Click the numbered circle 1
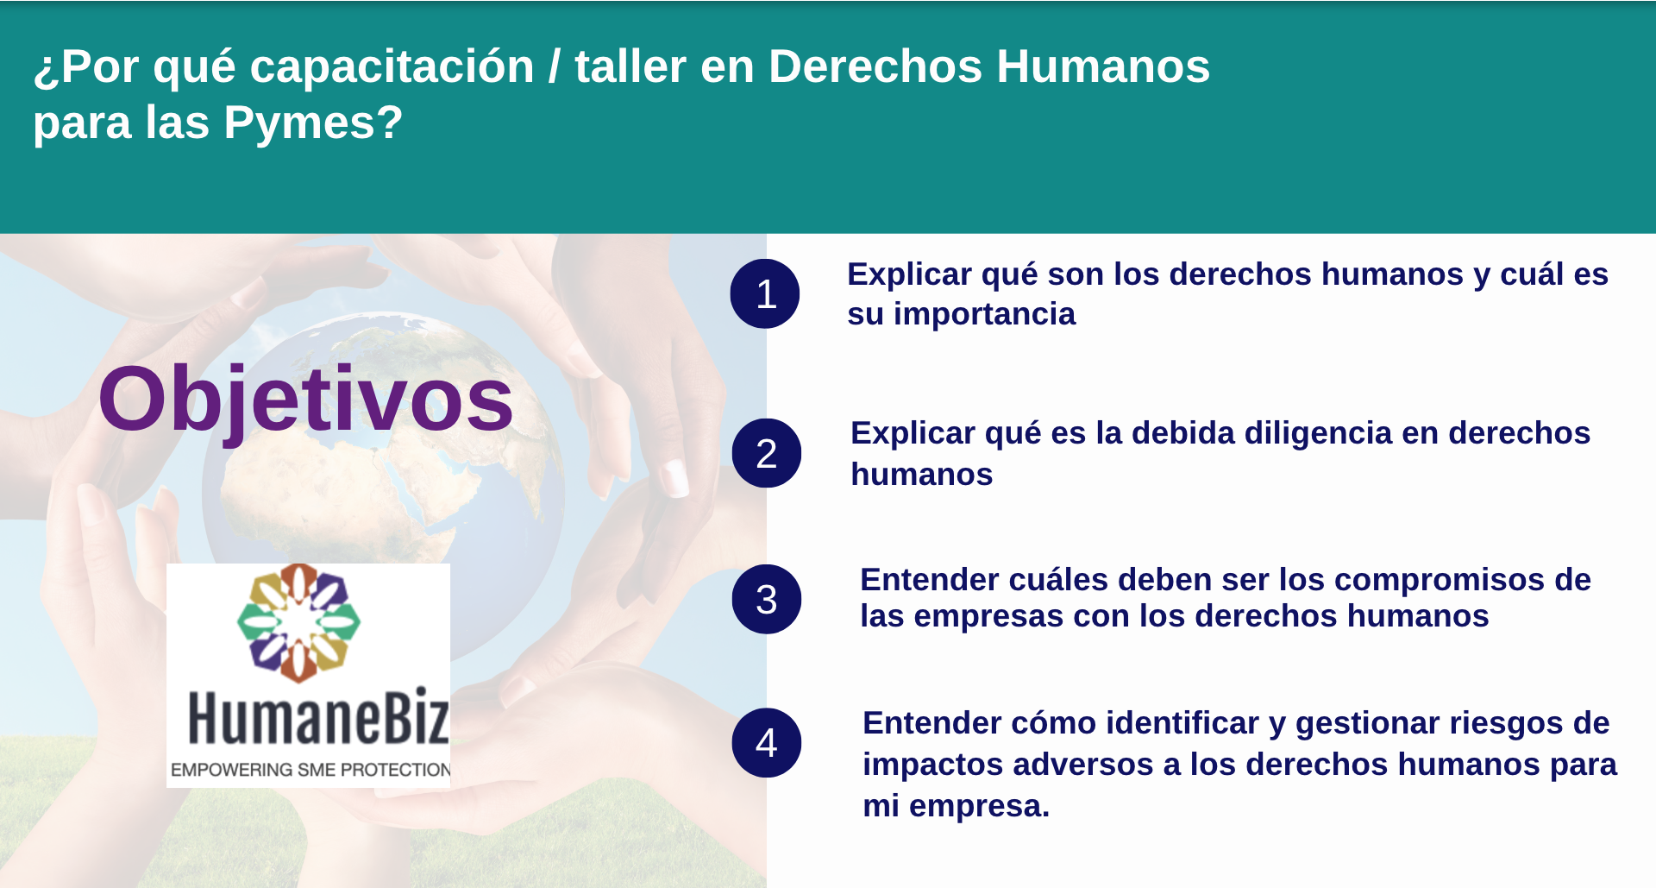[x=765, y=293]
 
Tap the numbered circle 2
[x=767, y=453]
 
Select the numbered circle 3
[x=767, y=599]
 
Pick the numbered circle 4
[x=767, y=742]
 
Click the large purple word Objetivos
[x=306, y=400]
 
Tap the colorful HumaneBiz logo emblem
[x=298, y=622]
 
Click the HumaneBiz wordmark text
[x=318, y=716]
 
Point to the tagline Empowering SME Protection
[x=310, y=770]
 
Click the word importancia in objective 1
[x=984, y=314]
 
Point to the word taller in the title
[x=630, y=66]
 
